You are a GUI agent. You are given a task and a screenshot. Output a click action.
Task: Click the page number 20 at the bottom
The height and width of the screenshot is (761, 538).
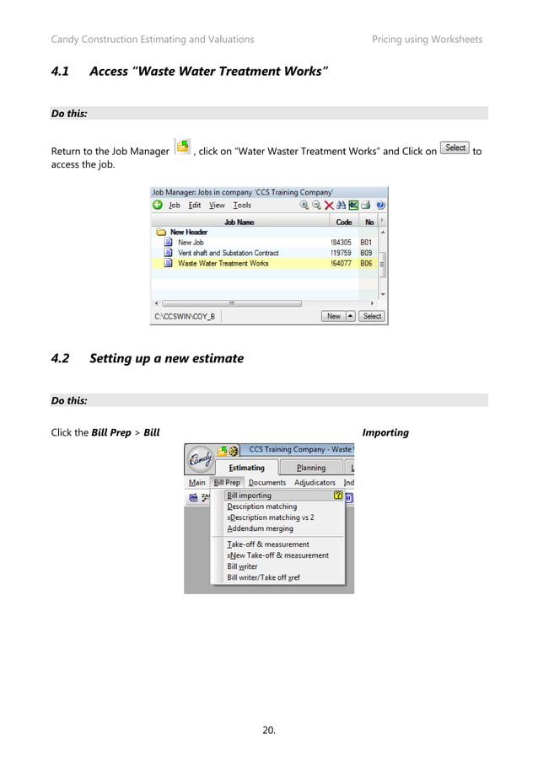tap(269, 729)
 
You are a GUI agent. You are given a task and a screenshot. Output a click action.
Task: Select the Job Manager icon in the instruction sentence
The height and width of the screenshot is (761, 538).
tap(182, 148)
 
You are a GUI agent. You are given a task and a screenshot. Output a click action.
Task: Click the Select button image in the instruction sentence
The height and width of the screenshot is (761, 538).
tap(455, 148)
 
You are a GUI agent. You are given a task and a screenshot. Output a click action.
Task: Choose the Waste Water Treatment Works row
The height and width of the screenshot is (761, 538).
tap(223, 263)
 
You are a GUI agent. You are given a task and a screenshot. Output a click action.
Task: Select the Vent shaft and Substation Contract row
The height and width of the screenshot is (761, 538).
tap(228, 253)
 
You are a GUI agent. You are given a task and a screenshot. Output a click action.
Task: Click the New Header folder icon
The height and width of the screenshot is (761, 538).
tap(160, 232)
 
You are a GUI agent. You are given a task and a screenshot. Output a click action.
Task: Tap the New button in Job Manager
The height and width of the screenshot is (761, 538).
tap(334, 316)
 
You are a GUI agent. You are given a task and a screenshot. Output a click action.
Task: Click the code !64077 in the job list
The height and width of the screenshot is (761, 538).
tap(342, 263)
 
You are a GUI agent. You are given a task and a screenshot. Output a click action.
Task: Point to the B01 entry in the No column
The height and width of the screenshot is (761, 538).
tap(366, 243)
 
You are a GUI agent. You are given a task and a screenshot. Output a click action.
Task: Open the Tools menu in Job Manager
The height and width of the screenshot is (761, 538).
tap(242, 205)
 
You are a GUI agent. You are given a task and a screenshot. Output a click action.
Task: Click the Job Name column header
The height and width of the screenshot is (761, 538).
tap(239, 222)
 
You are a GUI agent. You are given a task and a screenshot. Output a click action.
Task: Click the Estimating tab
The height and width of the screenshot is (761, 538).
tap(246, 468)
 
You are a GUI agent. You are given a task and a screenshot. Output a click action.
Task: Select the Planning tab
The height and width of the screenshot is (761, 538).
tap(310, 468)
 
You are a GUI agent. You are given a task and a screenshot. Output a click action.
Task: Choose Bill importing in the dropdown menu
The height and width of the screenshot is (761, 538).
tap(250, 496)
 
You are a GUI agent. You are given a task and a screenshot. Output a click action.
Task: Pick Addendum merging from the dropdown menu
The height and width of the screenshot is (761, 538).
tap(260, 528)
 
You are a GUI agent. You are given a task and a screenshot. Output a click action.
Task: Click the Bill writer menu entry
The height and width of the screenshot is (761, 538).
tap(242, 566)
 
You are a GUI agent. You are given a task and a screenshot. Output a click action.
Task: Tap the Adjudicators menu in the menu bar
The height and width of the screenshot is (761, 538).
tap(315, 483)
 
